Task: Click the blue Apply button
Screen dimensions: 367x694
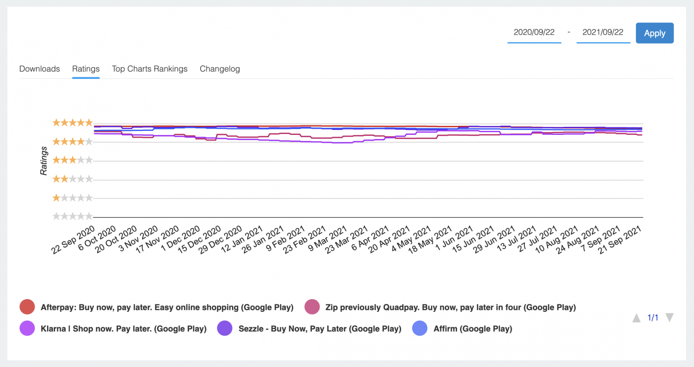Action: pyautogui.click(x=654, y=33)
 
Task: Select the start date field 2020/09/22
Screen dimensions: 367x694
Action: pyautogui.click(x=534, y=32)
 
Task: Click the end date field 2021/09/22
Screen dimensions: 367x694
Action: pyautogui.click(x=603, y=32)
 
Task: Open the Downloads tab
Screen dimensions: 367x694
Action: pyautogui.click(x=40, y=69)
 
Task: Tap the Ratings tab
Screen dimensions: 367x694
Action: pyautogui.click(x=86, y=69)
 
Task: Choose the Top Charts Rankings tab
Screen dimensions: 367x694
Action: pyautogui.click(x=150, y=69)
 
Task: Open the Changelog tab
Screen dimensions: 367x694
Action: pyautogui.click(x=220, y=69)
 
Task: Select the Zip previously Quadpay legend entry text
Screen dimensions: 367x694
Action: pyautogui.click(x=450, y=307)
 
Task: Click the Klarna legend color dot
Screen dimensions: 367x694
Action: pyautogui.click(x=27, y=328)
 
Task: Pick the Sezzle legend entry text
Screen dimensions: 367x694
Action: pyautogui.click(x=320, y=328)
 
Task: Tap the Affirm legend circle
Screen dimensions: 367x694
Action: pyautogui.click(x=420, y=328)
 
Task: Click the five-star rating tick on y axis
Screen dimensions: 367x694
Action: pyautogui.click(x=72, y=122)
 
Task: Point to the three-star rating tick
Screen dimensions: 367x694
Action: pyautogui.click(x=72, y=160)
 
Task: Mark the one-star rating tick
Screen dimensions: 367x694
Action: pyautogui.click(x=72, y=198)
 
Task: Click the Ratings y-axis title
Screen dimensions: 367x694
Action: pyautogui.click(x=44, y=161)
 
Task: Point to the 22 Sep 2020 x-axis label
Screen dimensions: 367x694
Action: pyautogui.click(x=73, y=240)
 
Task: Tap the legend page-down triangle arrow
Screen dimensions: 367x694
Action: pyautogui.click(x=669, y=318)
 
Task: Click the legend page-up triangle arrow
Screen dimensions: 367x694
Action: pyautogui.click(x=636, y=318)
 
